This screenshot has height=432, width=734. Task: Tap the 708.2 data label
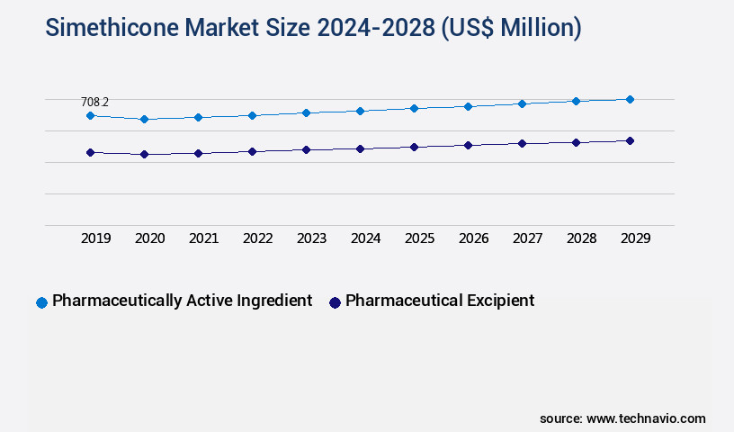pyautogui.click(x=94, y=103)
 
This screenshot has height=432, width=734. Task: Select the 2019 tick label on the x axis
pyautogui.click(x=96, y=238)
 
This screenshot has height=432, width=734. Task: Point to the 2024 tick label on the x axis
pyautogui.click(x=366, y=238)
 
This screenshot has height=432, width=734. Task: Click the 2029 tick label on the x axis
pyautogui.click(x=636, y=238)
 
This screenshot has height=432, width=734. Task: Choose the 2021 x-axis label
pyautogui.click(x=204, y=238)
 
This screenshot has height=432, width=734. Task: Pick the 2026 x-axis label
pyautogui.click(x=474, y=238)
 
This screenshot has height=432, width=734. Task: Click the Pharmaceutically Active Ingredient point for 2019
pyautogui.click(x=90, y=115)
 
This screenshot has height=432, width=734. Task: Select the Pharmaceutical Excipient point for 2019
pyautogui.click(x=90, y=153)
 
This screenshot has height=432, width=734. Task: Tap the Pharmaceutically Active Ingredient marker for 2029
pyautogui.click(x=630, y=99)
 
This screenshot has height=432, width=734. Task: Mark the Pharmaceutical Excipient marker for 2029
pyautogui.click(x=630, y=140)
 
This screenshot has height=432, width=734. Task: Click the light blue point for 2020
pyautogui.click(x=144, y=119)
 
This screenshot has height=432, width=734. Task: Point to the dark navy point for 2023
pyautogui.click(x=306, y=149)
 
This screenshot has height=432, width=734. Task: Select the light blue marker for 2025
pyautogui.click(x=414, y=108)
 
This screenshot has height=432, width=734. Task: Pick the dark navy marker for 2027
pyautogui.click(x=522, y=143)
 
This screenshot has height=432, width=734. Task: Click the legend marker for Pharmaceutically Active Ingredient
pyautogui.click(x=41, y=302)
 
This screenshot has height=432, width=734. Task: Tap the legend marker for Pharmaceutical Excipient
pyautogui.click(x=335, y=302)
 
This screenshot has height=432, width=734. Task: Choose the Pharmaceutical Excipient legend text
pyautogui.click(x=440, y=301)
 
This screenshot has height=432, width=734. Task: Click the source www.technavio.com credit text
pyautogui.click(x=622, y=418)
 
